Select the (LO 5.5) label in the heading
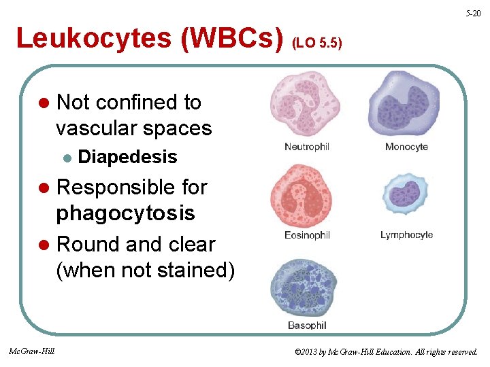[316, 42]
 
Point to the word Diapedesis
[128, 157]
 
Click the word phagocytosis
[125, 213]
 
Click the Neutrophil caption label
[307, 147]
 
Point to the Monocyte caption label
[406, 147]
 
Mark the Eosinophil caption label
[307, 235]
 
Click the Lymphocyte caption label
[406, 235]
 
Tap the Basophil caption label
[307, 326]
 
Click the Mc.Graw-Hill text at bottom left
[32, 351]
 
